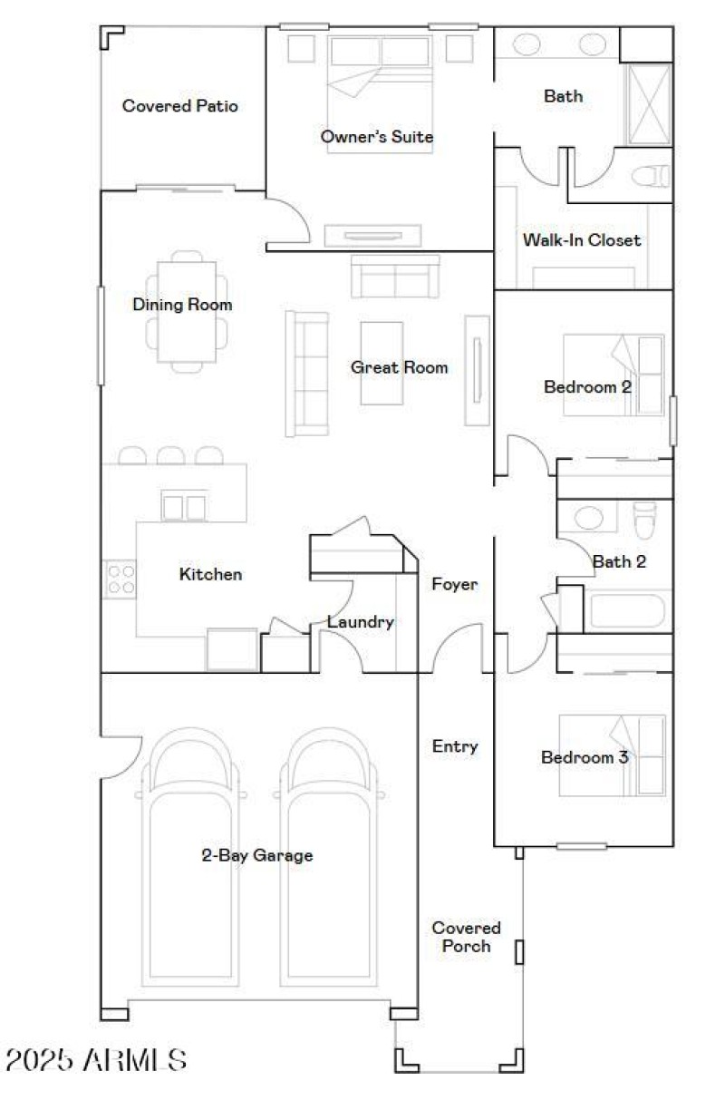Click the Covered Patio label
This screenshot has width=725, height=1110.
[x=179, y=106]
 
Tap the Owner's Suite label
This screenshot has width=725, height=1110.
[x=376, y=137]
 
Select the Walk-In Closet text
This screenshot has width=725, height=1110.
[x=581, y=240]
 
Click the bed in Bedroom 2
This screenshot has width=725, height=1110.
[x=614, y=375]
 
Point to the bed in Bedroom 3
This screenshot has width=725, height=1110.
[x=612, y=755]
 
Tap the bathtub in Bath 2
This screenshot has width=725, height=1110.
[x=628, y=610]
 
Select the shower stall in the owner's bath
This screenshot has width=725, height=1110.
[x=648, y=104]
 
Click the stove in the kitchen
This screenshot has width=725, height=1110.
[x=121, y=579]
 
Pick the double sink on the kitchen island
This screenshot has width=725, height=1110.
[x=184, y=506]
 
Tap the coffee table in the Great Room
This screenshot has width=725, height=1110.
[x=382, y=363]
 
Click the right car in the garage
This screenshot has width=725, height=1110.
[x=328, y=862]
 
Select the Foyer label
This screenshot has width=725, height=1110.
[x=454, y=585]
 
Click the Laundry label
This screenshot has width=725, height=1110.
[x=360, y=622]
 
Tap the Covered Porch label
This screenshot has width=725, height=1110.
[x=466, y=937]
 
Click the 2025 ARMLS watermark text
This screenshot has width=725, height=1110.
[x=97, y=1059]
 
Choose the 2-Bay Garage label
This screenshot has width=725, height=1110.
[x=256, y=855]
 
